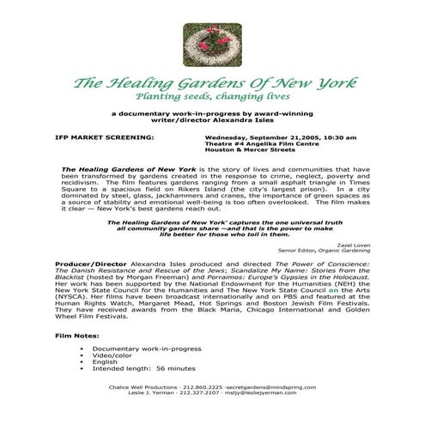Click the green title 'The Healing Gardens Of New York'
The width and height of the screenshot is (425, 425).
pos(212,84)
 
